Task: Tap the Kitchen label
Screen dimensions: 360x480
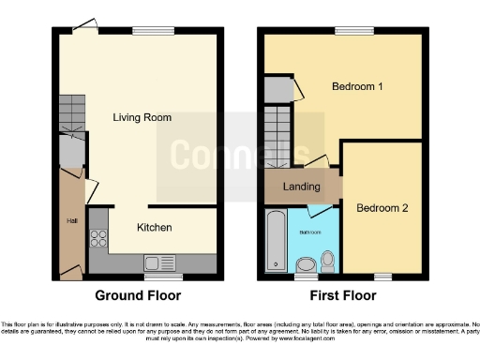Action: (x=154, y=227)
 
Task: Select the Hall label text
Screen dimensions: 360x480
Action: (x=71, y=220)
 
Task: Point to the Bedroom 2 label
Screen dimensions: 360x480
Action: (x=382, y=208)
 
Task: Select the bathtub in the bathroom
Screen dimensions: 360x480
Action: (x=276, y=241)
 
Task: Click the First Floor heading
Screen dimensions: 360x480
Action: (x=344, y=295)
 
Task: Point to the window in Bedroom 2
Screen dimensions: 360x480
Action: (x=381, y=276)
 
